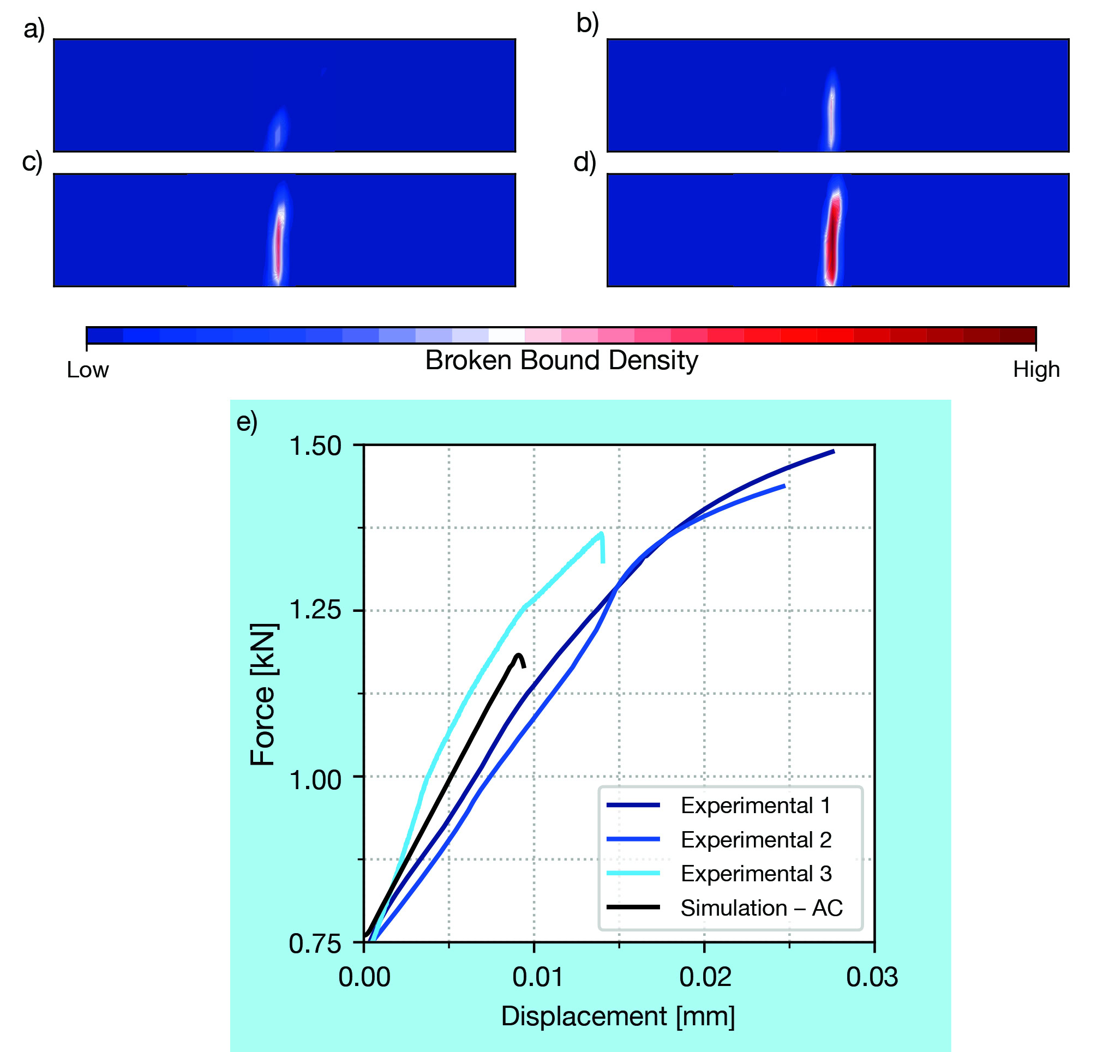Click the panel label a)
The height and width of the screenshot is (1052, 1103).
pyautogui.click(x=34, y=28)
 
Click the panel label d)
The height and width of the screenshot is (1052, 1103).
pyautogui.click(x=585, y=163)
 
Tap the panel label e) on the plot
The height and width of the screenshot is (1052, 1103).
pyautogui.click(x=247, y=422)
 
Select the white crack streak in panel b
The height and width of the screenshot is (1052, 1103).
pyautogui.click(x=831, y=112)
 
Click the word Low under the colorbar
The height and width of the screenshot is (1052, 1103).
pyautogui.click(x=87, y=370)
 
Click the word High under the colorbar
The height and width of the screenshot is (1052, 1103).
pyautogui.click(x=1036, y=370)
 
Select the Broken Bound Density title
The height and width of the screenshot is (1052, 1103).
pyautogui.click(x=561, y=360)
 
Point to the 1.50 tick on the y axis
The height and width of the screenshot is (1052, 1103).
pyautogui.click(x=315, y=446)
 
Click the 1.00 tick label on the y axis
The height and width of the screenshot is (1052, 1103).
pyautogui.click(x=315, y=780)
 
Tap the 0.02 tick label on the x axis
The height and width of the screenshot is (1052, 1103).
pyautogui.click(x=705, y=977)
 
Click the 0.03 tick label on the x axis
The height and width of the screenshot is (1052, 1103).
pyautogui.click(x=872, y=977)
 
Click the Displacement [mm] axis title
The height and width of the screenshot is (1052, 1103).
pyautogui.click(x=617, y=1016)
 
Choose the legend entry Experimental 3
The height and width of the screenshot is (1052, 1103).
pyautogui.click(x=755, y=873)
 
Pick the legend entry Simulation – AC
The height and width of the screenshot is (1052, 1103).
pyautogui.click(x=761, y=908)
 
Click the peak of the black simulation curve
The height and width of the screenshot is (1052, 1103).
pyautogui.click(x=518, y=655)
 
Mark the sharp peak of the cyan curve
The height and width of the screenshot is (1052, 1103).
pyautogui.click(x=602, y=533)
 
